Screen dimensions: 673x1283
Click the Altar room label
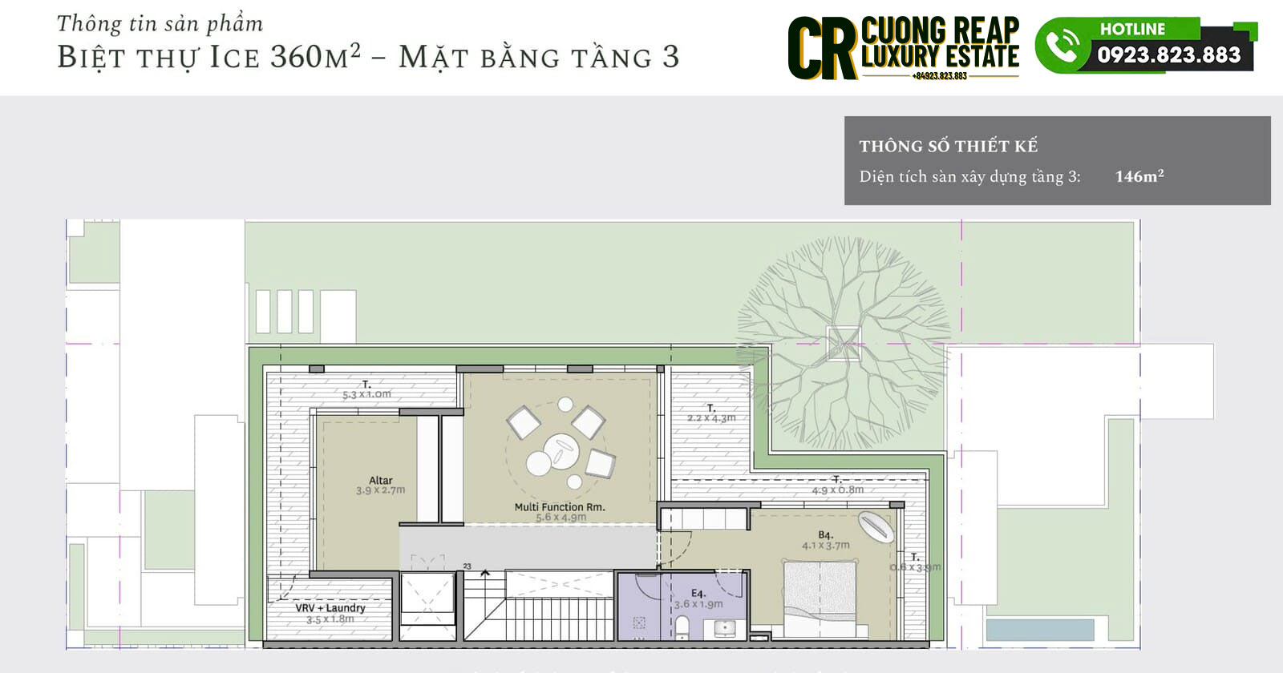[380, 480]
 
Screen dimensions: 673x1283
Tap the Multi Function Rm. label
[560, 506]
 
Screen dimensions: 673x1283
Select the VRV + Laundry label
[330, 607]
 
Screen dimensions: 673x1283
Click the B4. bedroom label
[826, 534]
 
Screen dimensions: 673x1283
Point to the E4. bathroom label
[698, 594]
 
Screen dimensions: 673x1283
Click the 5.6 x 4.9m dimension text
[561, 518]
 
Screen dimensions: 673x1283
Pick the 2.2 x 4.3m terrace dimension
[711, 417]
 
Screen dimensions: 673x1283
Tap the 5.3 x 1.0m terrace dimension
[366, 394]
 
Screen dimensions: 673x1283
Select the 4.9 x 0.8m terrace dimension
[838, 490]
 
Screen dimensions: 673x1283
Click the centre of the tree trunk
[844, 343]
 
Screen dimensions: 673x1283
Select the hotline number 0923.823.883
[1168, 54]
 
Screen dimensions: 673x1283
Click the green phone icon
[1062, 46]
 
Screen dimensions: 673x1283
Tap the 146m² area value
[1139, 176]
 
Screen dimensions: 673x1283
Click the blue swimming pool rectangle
[1039, 630]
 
